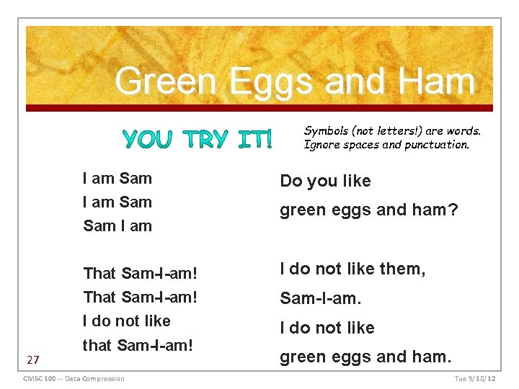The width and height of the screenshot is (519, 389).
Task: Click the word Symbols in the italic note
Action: pyautogui.click(x=327, y=130)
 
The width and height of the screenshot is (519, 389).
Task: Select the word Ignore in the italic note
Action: pyautogui.click(x=323, y=144)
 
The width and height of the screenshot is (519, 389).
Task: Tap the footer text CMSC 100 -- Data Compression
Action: pyautogui.click(x=74, y=379)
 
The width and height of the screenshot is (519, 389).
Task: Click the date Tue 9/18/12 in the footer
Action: pyautogui.click(x=475, y=379)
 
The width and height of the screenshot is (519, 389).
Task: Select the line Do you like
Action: pyautogui.click(x=325, y=181)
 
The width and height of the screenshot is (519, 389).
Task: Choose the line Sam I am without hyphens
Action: pyautogui.click(x=117, y=225)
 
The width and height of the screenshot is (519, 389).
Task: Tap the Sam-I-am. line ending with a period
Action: pyautogui.click(x=321, y=298)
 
